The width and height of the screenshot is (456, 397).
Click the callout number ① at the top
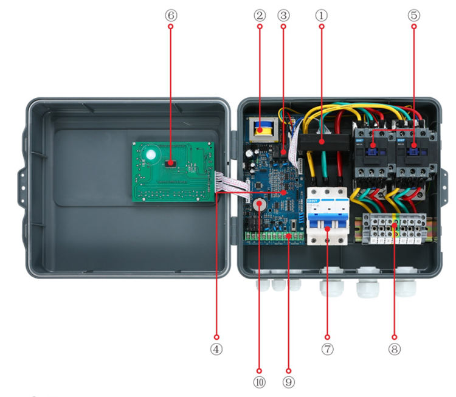pyautogui.click(x=320, y=14)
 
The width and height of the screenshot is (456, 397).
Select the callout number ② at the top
pyautogui.click(x=260, y=14)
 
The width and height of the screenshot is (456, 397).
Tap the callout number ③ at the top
pyautogui.click(x=283, y=14)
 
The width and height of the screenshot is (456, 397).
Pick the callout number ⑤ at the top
pyautogui.click(x=413, y=14)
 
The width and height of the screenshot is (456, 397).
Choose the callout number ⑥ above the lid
pyautogui.click(x=170, y=14)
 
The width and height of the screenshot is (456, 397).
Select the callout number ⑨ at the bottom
pyautogui.click(x=288, y=382)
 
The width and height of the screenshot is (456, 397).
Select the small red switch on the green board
pyautogui.click(x=171, y=163)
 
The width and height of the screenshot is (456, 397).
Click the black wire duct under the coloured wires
pyautogui.click(x=322, y=143)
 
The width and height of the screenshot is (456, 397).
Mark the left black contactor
pyautogui.click(x=371, y=155)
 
